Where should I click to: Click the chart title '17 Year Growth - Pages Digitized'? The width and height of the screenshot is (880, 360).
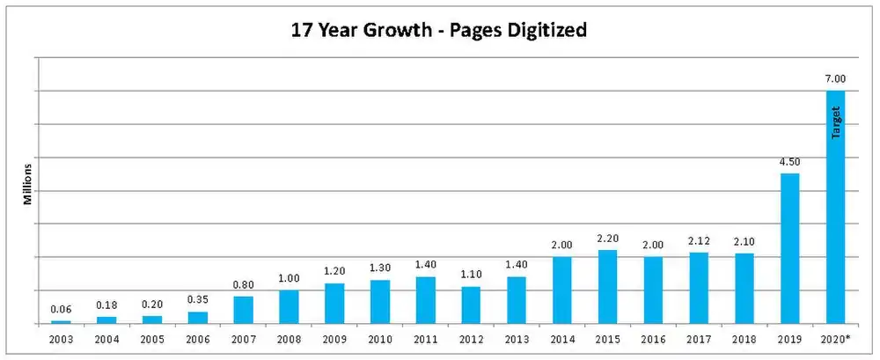tap(439, 30)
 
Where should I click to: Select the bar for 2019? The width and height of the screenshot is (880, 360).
tap(790, 248)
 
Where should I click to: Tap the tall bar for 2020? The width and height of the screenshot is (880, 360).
tap(835, 207)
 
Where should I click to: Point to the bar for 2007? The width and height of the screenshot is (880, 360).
tap(243, 310)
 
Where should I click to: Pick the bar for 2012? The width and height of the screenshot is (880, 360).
tap(471, 305)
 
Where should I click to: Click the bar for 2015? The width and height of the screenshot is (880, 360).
tap(607, 287)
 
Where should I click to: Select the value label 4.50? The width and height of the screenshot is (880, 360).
tap(790, 161)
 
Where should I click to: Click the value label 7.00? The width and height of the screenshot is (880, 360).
tap(835, 79)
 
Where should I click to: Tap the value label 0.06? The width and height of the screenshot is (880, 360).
tap(61, 309)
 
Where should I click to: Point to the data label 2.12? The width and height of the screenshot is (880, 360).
tap(699, 241)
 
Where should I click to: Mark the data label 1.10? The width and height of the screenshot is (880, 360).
tap(471, 275)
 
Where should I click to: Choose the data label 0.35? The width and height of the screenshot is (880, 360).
tap(198, 300)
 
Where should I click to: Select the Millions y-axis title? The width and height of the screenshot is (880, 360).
tap(27, 183)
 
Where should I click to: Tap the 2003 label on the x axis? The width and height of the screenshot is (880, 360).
tap(61, 337)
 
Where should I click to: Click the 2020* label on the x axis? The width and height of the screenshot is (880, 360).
tap(835, 337)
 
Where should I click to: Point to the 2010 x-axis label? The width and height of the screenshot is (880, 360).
tap(379, 337)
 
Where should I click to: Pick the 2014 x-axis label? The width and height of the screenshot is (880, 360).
tap(562, 337)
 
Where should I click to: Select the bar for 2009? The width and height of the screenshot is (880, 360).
tap(334, 304)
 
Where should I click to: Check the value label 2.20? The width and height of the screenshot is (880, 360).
tap(607, 238)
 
